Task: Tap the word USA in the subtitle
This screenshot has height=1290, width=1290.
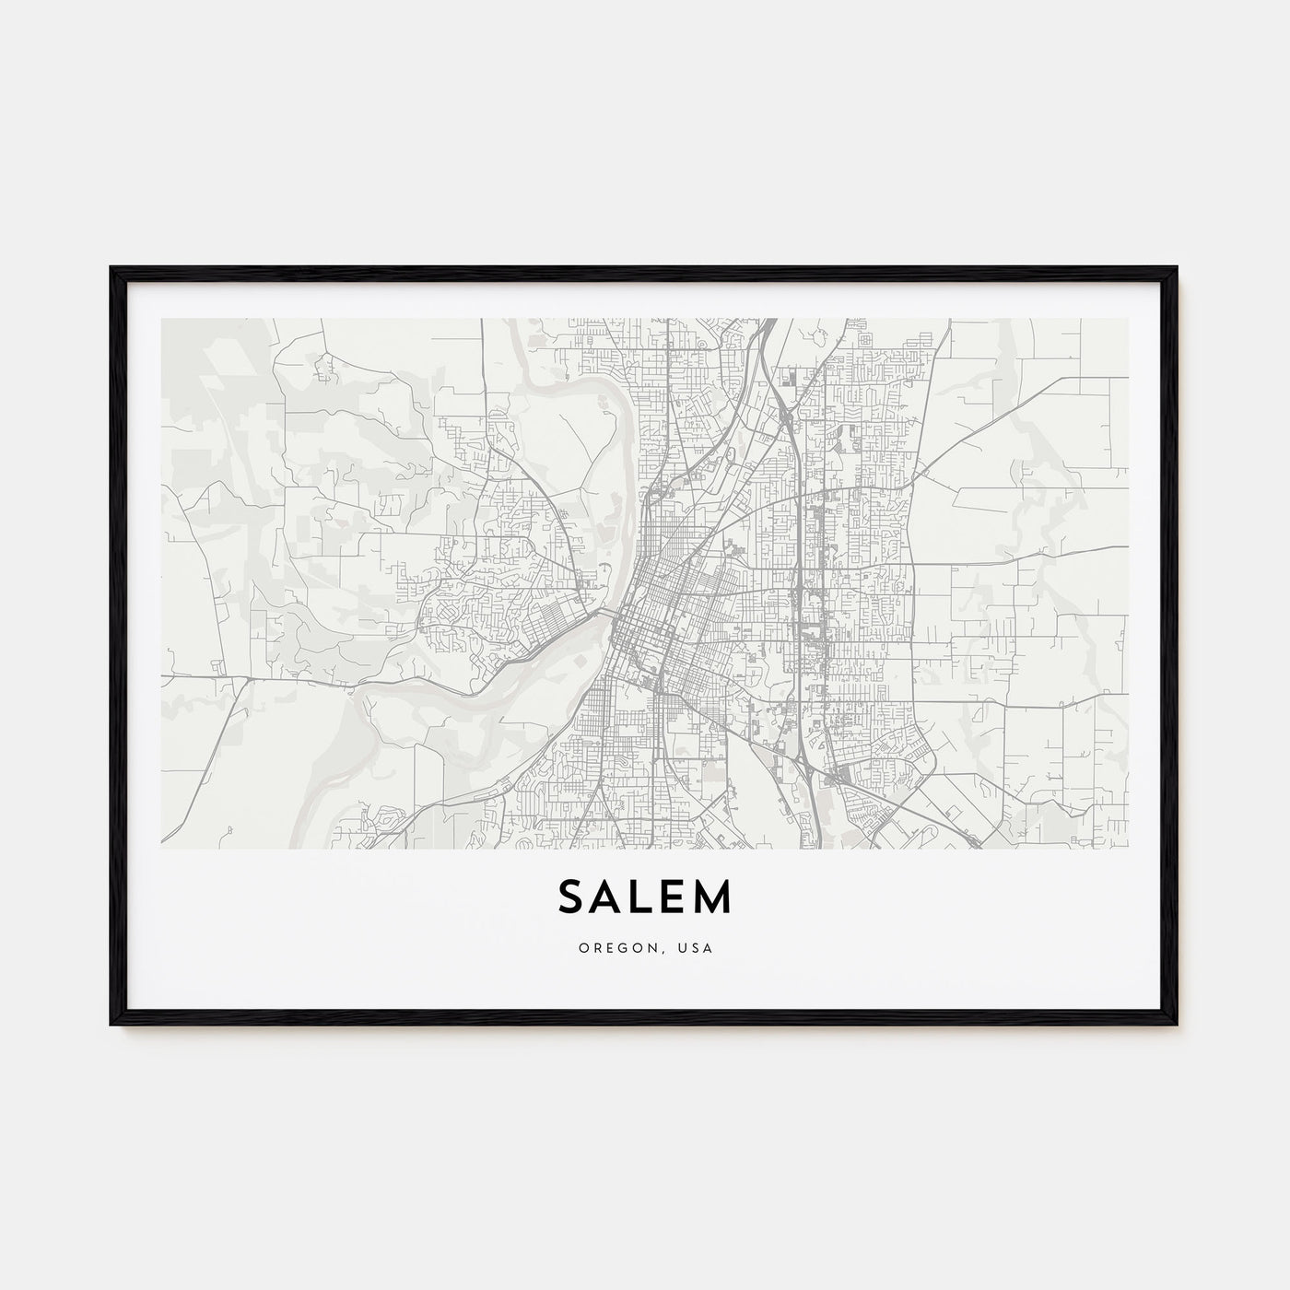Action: click(x=697, y=947)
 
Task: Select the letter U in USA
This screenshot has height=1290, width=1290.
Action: click(x=686, y=947)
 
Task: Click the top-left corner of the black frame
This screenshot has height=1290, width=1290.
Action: click(x=112, y=268)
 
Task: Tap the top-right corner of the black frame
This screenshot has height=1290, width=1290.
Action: click(x=1177, y=268)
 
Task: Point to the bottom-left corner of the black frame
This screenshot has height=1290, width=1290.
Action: click(x=112, y=1025)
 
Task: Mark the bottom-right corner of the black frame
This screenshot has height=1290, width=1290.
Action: click(x=1177, y=1025)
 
